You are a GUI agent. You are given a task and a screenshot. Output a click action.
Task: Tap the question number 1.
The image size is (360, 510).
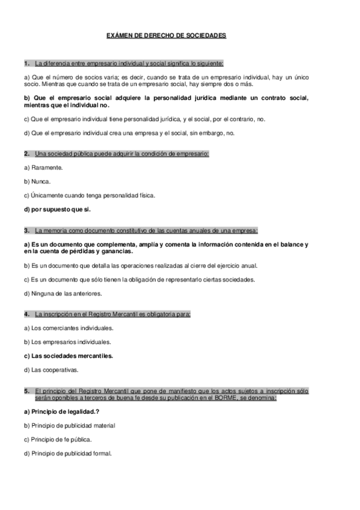click(x=26, y=63)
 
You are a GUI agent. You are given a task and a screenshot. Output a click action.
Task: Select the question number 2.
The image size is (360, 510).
click(x=26, y=154)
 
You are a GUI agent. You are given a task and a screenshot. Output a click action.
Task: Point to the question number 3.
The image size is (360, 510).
click(x=26, y=230)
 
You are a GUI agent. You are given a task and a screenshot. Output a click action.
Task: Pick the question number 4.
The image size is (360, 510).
click(x=26, y=314)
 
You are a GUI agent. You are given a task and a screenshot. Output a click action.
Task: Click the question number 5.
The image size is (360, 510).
click(x=26, y=391)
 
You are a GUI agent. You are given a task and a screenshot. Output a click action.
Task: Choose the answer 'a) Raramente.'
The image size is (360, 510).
click(x=43, y=168)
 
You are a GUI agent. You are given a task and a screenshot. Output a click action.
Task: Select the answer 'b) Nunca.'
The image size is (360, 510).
click(x=37, y=182)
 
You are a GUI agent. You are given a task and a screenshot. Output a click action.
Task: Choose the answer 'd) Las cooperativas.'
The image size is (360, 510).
click(x=51, y=369)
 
